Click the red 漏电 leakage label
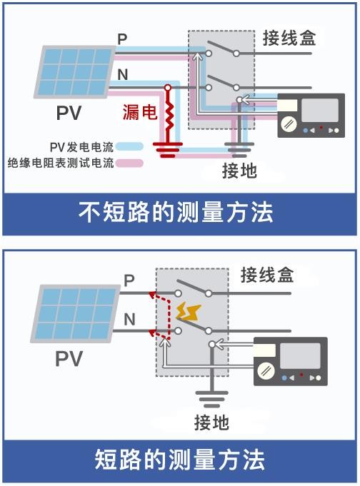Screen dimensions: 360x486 (140, 112)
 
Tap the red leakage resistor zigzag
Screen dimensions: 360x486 (169, 114)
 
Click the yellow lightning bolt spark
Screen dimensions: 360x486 (189, 312)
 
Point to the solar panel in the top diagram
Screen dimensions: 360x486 (74, 72)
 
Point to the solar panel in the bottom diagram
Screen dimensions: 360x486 (75, 314)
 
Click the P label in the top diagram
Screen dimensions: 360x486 (122, 39)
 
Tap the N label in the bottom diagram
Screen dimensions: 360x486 (130, 319)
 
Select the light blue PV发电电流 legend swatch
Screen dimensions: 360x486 (129, 146)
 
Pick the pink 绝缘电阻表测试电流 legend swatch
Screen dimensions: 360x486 (129, 163)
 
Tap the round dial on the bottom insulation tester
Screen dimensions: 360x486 (266, 370)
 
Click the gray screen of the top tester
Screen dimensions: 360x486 (320, 110)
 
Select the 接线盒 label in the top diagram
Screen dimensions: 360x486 (289, 39)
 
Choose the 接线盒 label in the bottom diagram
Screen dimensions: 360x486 (267, 275)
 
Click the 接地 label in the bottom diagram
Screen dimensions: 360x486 (211, 422)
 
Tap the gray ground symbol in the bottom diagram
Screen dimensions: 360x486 (212, 399)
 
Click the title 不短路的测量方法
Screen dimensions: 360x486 (176, 213)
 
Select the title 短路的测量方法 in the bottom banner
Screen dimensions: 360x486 (180, 460)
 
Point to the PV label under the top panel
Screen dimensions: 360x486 (69, 113)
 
